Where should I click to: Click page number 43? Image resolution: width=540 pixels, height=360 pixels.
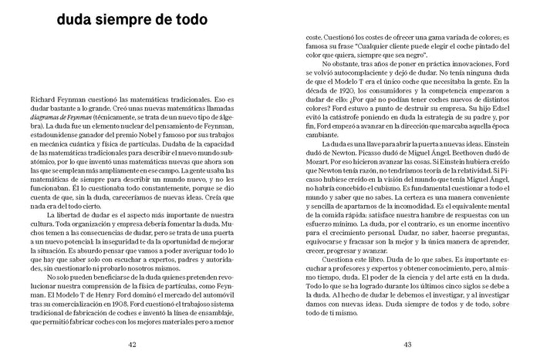[407, 344]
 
